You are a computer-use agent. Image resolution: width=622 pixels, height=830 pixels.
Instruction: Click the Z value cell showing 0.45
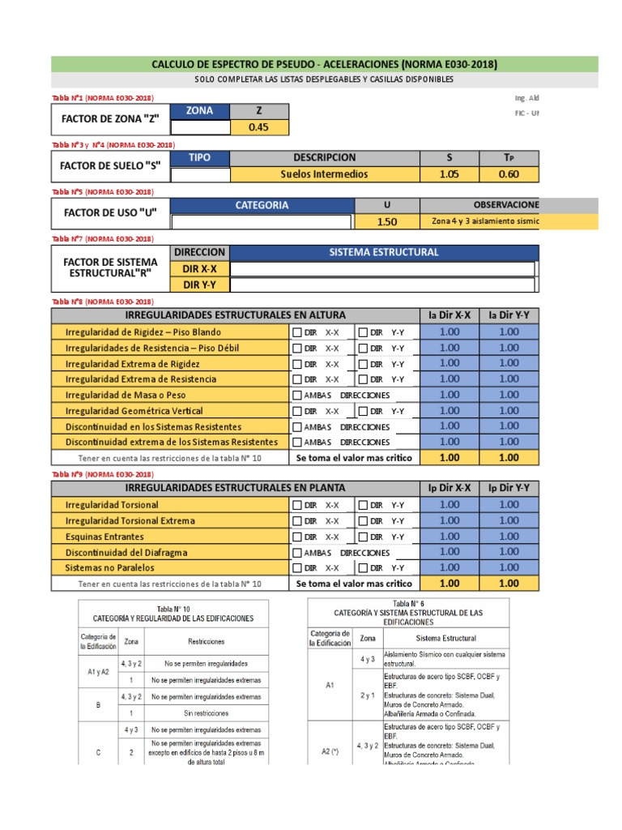click(258, 126)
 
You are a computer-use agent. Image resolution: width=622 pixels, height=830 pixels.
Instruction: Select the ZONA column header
click(200, 111)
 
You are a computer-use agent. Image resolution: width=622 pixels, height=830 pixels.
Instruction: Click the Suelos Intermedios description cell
click(324, 173)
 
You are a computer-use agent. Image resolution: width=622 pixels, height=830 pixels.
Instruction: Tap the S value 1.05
click(449, 173)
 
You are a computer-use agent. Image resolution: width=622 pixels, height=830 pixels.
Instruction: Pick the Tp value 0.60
click(509, 173)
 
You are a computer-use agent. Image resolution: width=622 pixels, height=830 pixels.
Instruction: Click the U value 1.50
click(387, 221)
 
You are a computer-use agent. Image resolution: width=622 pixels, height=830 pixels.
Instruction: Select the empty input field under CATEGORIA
click(261, 221)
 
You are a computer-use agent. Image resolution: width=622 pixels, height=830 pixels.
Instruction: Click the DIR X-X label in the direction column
click(200, 268)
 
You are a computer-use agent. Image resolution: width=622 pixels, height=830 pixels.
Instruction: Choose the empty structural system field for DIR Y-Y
click(382, 285)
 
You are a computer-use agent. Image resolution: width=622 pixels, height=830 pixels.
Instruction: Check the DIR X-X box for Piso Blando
click(297, 332)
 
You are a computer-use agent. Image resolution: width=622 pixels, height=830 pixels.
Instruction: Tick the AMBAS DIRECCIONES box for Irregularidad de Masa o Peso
click(297, 396)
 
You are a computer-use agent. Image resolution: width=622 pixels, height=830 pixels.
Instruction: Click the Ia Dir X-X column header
click(449, 315)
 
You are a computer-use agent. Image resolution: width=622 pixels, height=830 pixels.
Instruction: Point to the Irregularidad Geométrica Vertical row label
click(134, 411)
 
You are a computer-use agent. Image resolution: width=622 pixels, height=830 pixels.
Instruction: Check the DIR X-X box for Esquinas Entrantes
click(297, 537)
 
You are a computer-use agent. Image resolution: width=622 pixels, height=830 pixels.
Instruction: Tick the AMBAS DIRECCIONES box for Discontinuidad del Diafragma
click(297, 553)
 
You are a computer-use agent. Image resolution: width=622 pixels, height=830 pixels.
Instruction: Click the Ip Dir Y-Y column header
click(509, 488)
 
